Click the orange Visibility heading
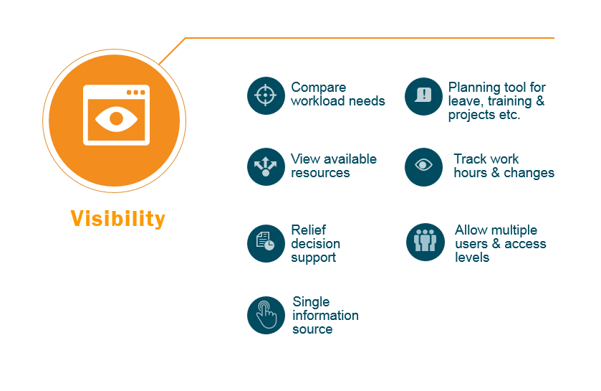pyautogui.click(x=117, y=219)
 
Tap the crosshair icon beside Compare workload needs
pyautogui.click(x=266, y=95)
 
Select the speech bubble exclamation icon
pyautogui.click(x=423, y=96)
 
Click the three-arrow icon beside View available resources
pyautogui.click(x=266, y=166)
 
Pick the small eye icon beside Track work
pyautogui.click(x=423, y=167)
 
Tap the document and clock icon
pyautogui.click(x=266, y=243)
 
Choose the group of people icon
pyautogui.click(x=425, y=242)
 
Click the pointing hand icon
pyautogui.click(x=266, y=315)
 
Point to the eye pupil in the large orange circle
pyautogui.click(x=117, y=118)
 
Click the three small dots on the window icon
pyautogui.click(x=135, y=93)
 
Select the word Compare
pyautogui.click(x=319, y=88)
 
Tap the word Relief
pyautogui.click(x=309, y=230)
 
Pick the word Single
pyautogui.click(x=311, y=302)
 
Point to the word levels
pyautogui.click(x=472, y=258)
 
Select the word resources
pyautogui.click(x=320, y=173)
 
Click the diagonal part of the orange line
pyautogui.click(x=172, y=51)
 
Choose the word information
pyautogui.click(x=325, y=316)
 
